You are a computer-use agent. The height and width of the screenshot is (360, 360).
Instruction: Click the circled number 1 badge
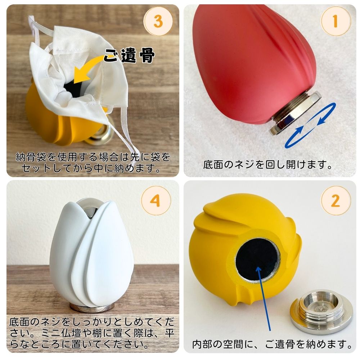click(x=336, y=21)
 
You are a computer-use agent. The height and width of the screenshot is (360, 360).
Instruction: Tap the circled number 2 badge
click(x=336, y=201)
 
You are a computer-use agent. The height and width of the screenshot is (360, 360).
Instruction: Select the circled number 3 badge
click(x=158, y=21)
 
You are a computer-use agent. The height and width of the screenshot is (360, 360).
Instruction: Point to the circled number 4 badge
click(x=156, y=201)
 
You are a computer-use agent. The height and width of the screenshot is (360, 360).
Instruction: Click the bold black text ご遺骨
click(x=129, y=56)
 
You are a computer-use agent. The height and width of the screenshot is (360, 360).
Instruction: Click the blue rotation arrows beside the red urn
click(x=310, y=125)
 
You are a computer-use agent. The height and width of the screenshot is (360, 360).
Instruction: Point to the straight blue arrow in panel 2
click(x=264, y=298)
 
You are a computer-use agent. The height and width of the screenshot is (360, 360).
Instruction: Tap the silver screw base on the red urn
click(x=295, y=112)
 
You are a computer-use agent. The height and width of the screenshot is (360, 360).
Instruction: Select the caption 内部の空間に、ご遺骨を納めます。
click(x=272, y=344)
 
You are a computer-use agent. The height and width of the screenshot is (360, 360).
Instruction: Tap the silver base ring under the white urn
click(x=91, y=308)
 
